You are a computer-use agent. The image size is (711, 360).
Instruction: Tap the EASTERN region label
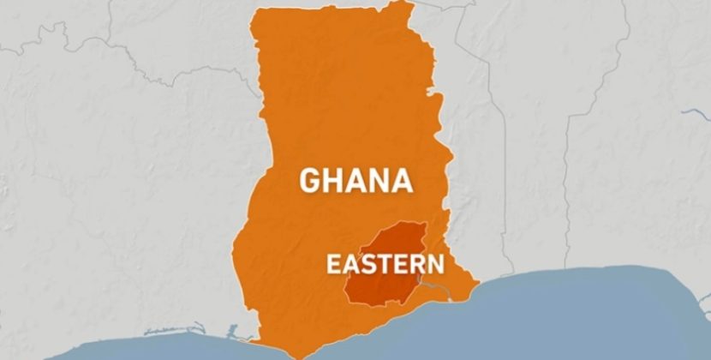click(384, 264)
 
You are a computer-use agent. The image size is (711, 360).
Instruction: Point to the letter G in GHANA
click(309, 181)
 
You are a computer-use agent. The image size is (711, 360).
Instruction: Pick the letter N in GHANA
click(379, 181)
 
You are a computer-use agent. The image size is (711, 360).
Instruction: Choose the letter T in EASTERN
click(381, 264)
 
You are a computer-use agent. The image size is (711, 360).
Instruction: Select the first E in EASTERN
click(333, 264)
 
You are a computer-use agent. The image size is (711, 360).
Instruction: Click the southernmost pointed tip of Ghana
click(296, 356)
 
